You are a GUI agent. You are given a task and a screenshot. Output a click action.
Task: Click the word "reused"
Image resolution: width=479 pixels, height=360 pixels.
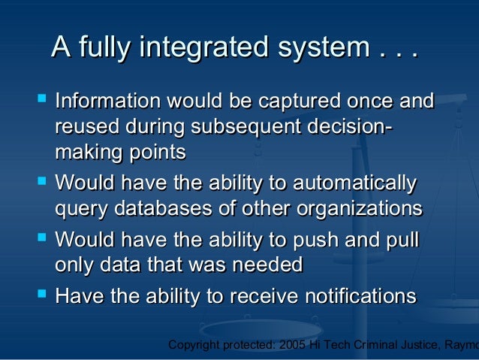(85, 126)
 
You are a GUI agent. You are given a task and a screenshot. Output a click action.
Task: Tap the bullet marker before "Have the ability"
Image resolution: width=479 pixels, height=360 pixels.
(41, 293)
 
